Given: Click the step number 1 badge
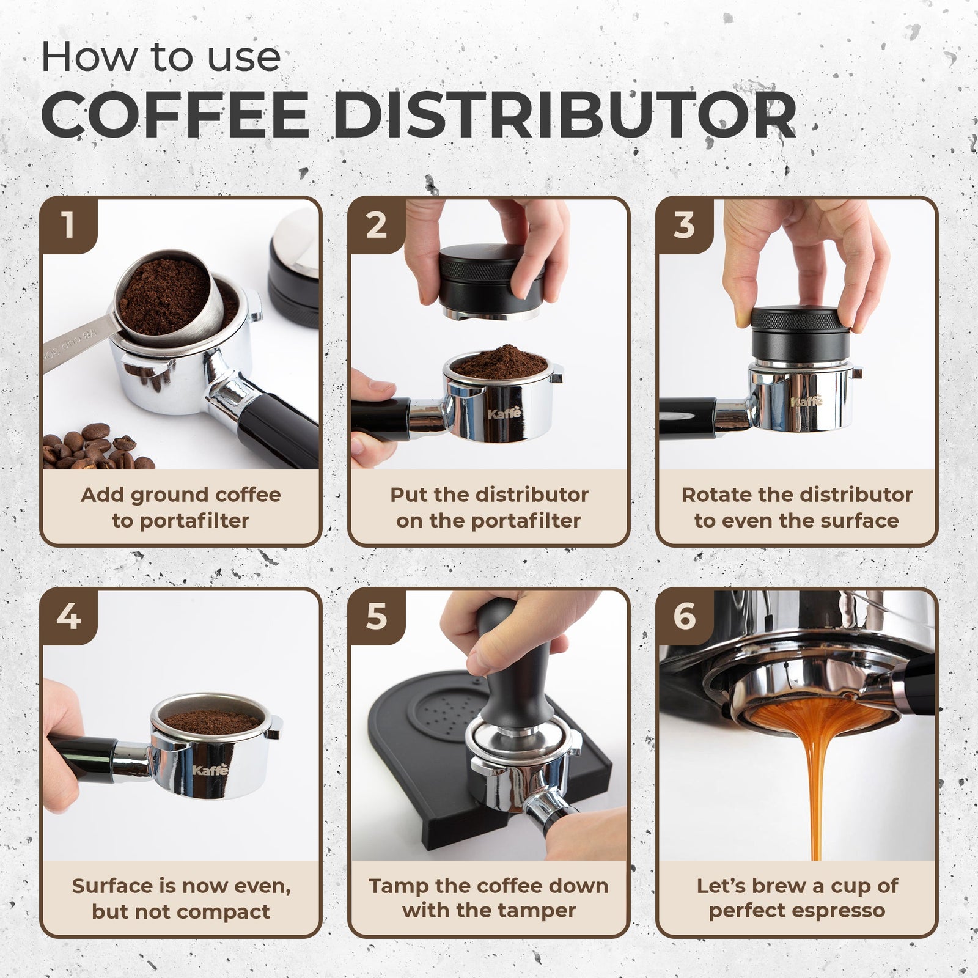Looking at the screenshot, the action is click(x=68, y=225).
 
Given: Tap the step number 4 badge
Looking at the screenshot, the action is click(x=68, y=617).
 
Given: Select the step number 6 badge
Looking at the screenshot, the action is click(x=685, y=617).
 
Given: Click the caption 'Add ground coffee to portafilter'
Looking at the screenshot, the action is click(x=181, y=507).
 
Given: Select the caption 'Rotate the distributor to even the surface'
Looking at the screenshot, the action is click(x=797, y=507).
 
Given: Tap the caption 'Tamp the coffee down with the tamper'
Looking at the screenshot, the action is click(x=489, y=898).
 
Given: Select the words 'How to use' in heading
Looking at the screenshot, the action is click(x=161, y=57).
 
